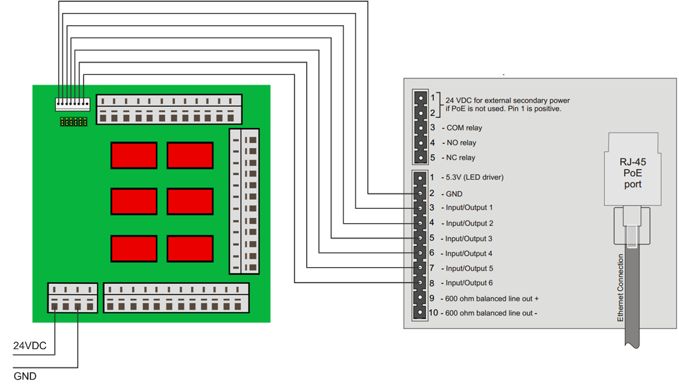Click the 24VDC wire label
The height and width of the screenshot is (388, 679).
[30, 347]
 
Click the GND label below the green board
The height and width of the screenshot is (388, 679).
[25, 376]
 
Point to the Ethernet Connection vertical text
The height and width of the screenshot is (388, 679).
[620, 288]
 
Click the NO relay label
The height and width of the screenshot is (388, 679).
[461, 143]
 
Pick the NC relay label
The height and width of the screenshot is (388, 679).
[461, 158]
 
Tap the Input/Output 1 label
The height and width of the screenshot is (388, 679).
[469, 208]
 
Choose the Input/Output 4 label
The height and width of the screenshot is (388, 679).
[469, 253]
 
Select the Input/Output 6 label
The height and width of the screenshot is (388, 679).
[469, 283]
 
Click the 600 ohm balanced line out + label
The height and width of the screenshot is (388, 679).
[492, 299]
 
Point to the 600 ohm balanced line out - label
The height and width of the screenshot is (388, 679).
[491, 314]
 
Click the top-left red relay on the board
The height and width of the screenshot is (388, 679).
[134, 155]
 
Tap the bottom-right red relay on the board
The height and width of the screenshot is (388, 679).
[190, 248]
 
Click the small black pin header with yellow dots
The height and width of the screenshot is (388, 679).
[73, 121]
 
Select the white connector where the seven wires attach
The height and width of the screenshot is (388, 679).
[72, 103]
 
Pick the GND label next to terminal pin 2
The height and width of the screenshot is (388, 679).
[454, 193]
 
